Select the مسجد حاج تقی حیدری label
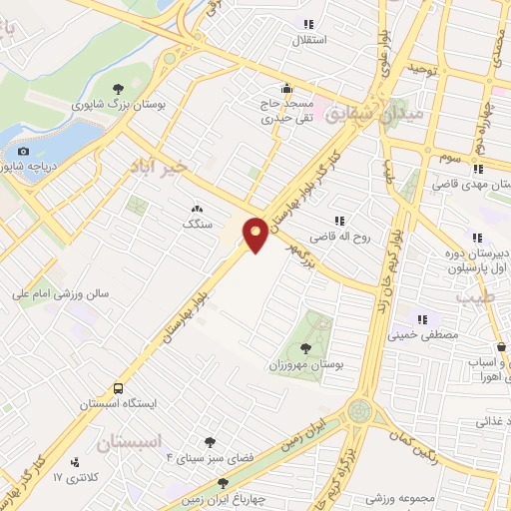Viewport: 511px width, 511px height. (287, 110)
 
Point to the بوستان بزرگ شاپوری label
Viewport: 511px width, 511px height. (118, 103)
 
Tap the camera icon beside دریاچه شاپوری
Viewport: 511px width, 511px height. (23, 152)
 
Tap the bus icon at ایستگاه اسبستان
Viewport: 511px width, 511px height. (119, 387)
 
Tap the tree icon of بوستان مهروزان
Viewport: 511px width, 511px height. (306, 348)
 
